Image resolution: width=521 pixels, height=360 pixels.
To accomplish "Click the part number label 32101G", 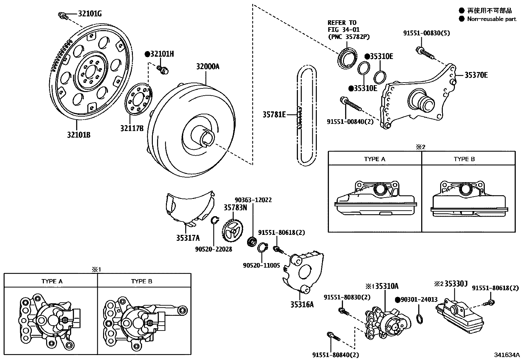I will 90,14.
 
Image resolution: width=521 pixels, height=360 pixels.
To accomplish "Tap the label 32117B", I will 132,128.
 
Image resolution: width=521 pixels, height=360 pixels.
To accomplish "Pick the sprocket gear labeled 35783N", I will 233,231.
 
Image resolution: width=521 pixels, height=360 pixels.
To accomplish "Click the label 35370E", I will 476,75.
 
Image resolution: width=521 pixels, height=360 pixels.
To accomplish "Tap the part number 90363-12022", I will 253,200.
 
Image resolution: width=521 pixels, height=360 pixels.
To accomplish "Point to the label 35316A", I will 302,304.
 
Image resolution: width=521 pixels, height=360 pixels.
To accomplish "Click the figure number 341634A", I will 507,354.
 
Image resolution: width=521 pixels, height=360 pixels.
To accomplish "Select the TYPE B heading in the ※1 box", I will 141,281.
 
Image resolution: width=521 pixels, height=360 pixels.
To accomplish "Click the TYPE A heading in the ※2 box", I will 374,159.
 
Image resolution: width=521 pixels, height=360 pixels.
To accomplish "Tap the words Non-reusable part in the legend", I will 491,19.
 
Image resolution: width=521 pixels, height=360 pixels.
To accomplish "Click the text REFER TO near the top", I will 342,23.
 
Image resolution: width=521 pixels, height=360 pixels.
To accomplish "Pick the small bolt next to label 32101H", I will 162,69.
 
